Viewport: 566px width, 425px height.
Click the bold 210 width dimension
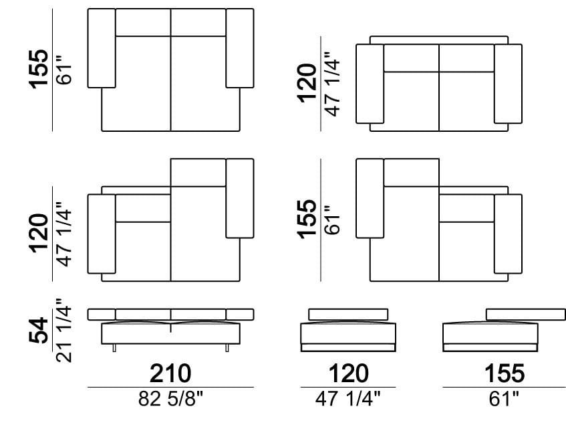[170, 373]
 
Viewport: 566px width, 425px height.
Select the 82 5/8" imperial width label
[171, 399]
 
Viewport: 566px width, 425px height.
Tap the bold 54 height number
[39, 331]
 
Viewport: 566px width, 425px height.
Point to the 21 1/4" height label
[64, 331]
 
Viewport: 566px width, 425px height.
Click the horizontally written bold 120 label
[348, 373]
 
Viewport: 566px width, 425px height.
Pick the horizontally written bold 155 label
[505, 373]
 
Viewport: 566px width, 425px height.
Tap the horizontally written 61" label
[504, 399]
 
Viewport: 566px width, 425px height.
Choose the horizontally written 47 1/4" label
[348, 399]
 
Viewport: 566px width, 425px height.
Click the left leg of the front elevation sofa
[114, 347]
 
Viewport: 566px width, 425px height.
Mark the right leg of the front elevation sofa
[227, 347]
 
